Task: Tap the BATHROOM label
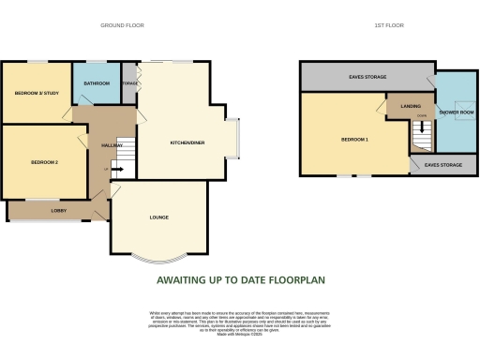(x=97, y=83)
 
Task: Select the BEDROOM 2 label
(x=45, y=163)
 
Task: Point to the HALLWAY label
(x=100, y=145)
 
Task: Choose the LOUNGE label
(x=158, y=217)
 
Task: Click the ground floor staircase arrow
(x=119, y=168)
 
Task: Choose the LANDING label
(x=410, y=106)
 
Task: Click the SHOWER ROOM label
(x=457, y=112)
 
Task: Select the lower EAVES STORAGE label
(x=442, y=165)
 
